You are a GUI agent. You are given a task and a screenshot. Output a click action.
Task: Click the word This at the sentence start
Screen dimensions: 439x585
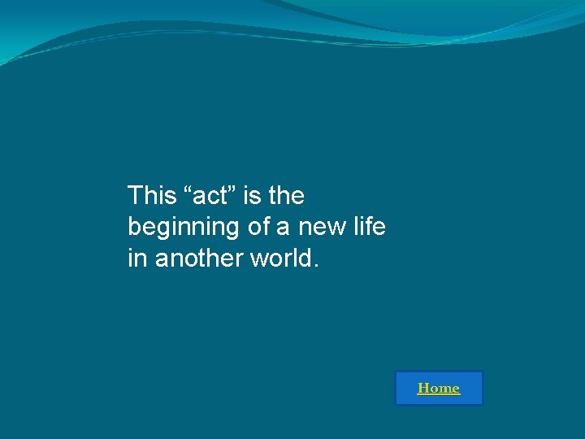point(152,196)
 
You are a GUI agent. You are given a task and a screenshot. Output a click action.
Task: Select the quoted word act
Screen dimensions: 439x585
point(207,196)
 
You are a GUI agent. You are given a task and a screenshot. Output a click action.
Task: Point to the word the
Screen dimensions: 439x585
point(286,196)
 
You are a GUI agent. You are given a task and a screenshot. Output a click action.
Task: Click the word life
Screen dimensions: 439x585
point(370,227)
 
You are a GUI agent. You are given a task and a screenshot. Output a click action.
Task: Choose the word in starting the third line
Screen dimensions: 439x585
point(136,259)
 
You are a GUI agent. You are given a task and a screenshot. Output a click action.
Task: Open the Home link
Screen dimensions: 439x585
point(439,389)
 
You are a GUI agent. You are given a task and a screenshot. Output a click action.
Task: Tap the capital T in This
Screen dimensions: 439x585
point(135,196)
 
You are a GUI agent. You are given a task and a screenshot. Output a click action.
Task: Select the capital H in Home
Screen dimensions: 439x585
point(422,389)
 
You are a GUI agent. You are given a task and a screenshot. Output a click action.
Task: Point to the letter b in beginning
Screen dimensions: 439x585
point(134,227)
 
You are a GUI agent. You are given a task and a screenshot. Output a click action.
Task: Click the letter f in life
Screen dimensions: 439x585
point(370,227)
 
